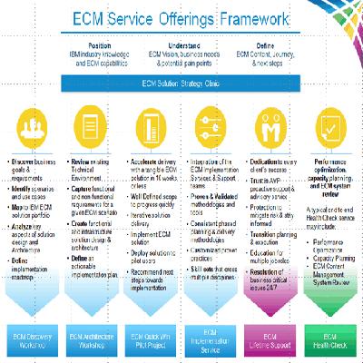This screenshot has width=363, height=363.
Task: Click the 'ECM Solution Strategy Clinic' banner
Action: (181, 83)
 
